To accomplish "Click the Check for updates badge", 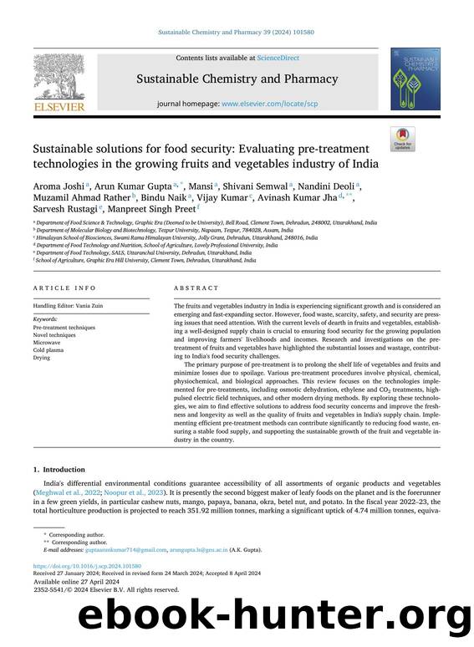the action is point(402,140).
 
